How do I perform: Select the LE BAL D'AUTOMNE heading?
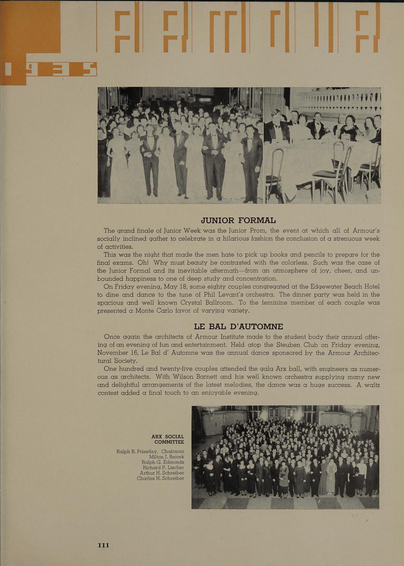coord(238,326)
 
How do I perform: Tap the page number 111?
coord(103,545)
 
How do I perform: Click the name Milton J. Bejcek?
coord(166,457)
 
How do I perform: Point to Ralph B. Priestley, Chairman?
coord(150,451)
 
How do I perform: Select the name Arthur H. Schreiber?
coord(162,473)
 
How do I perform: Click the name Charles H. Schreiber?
coord(160,478)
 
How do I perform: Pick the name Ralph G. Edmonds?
coord(163,462)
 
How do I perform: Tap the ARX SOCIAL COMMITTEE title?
coord(168,439)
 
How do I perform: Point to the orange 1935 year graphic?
coord(49,70)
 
